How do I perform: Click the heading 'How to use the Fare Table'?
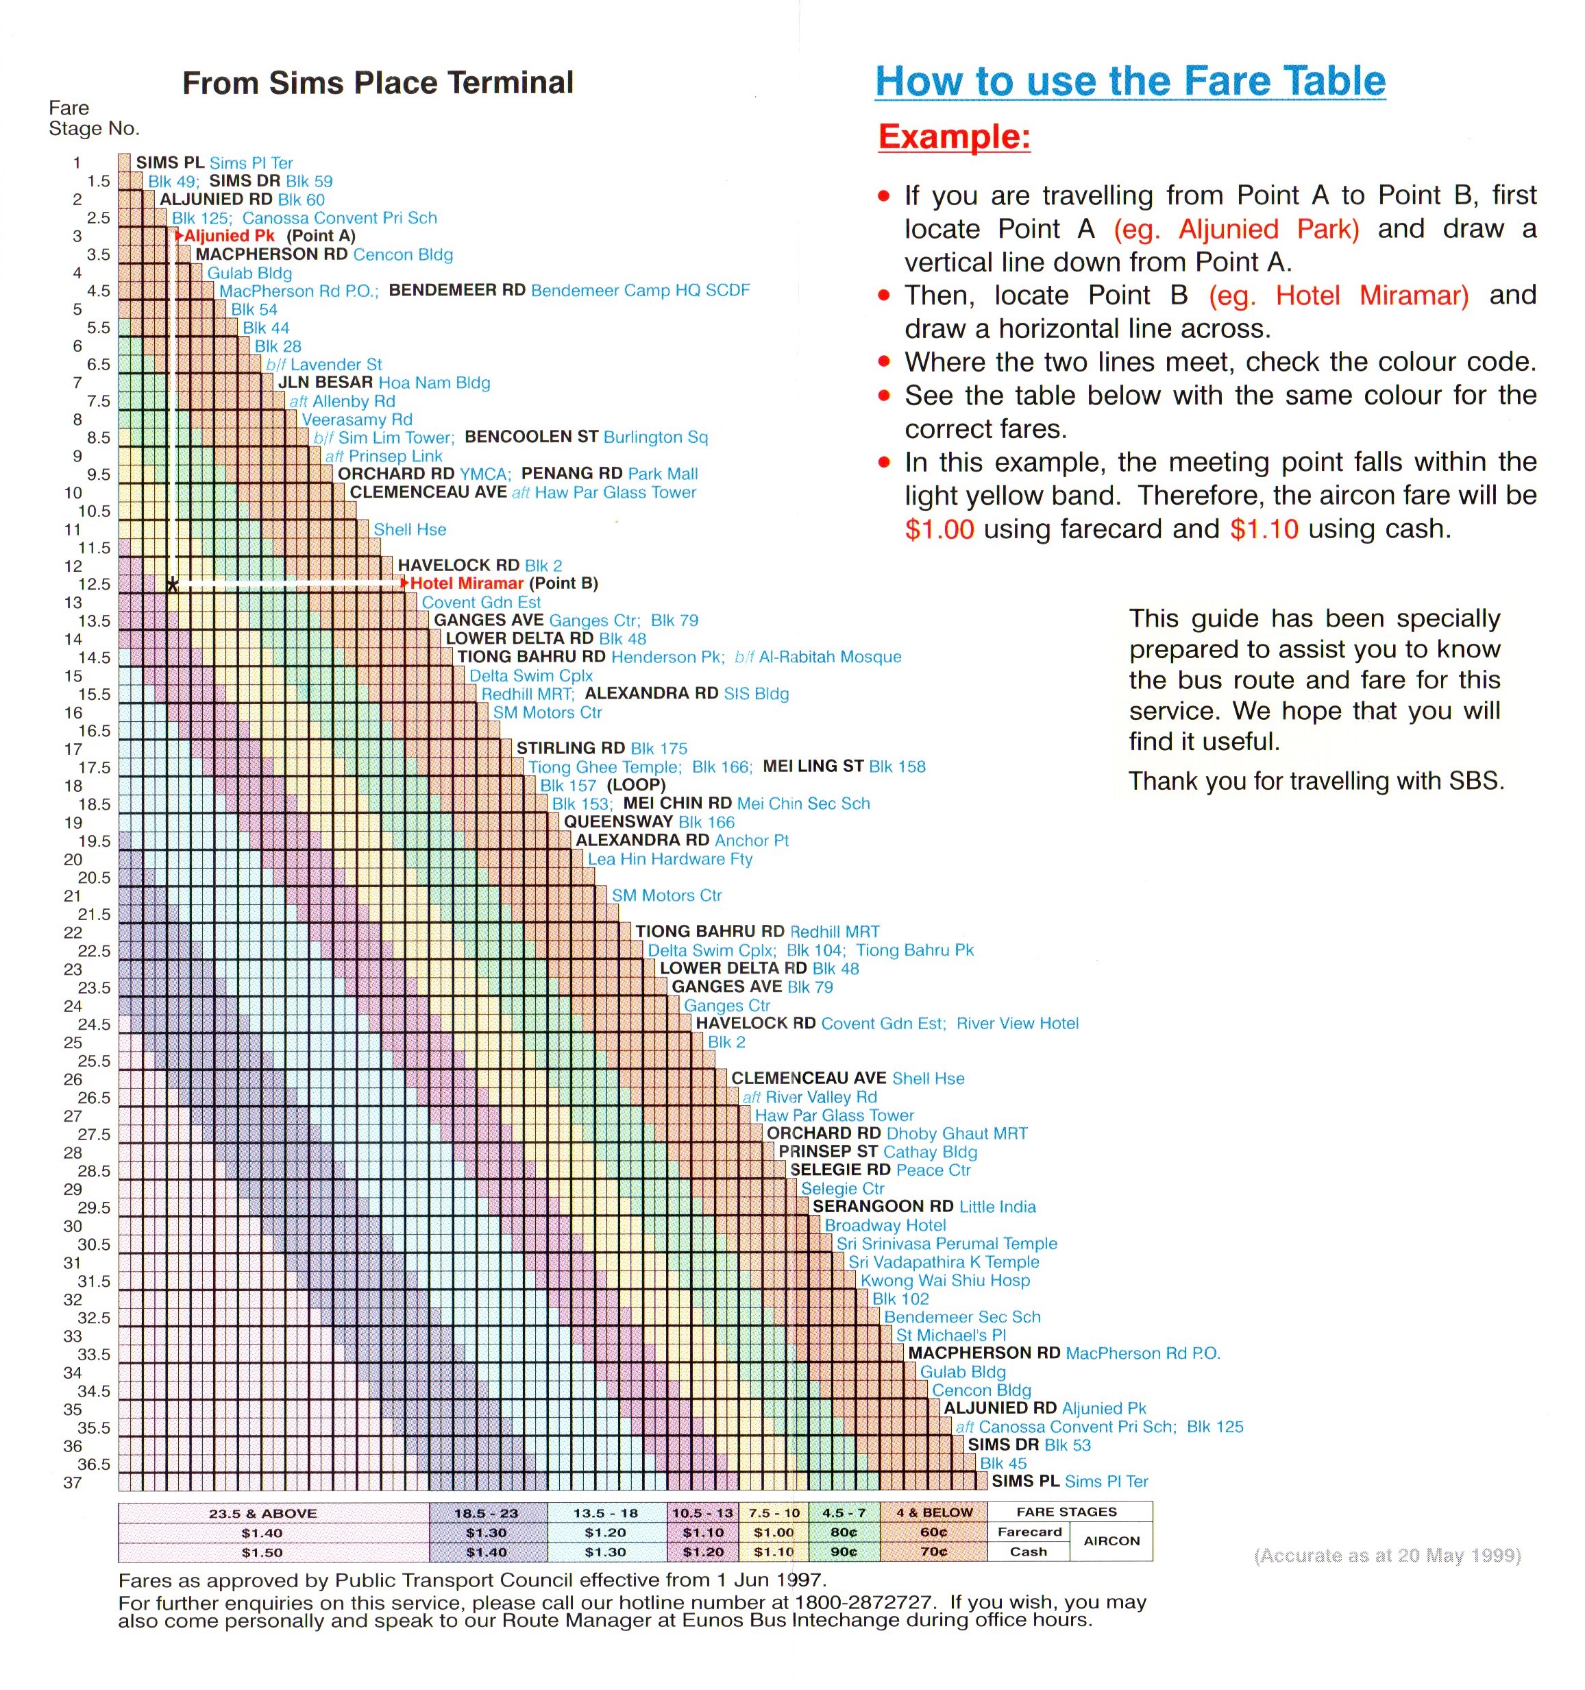click(x=1129, y=82)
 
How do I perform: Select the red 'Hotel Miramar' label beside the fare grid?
click(x=467, y=583)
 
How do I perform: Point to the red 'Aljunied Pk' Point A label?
click(x=230, y=235)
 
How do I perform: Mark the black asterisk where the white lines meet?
click(x=173, y=585)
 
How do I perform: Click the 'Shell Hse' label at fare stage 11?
click(x=410, y=529)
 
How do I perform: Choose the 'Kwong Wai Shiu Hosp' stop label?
click(x=944, y=1280)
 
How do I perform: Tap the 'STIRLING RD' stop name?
click(x=570, y=748)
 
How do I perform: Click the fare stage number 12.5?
click(x=95, y=584)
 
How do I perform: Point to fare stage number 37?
click(x=73, y=1482)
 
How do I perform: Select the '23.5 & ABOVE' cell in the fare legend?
click(x=262, y=1513)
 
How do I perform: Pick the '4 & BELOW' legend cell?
click(x=934, y=1513)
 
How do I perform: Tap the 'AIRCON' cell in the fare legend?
click(x=1111, y=1541)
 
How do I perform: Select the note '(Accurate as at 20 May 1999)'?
click(x=1387, y=1555)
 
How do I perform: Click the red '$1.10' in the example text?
click(x=1264, y=529)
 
